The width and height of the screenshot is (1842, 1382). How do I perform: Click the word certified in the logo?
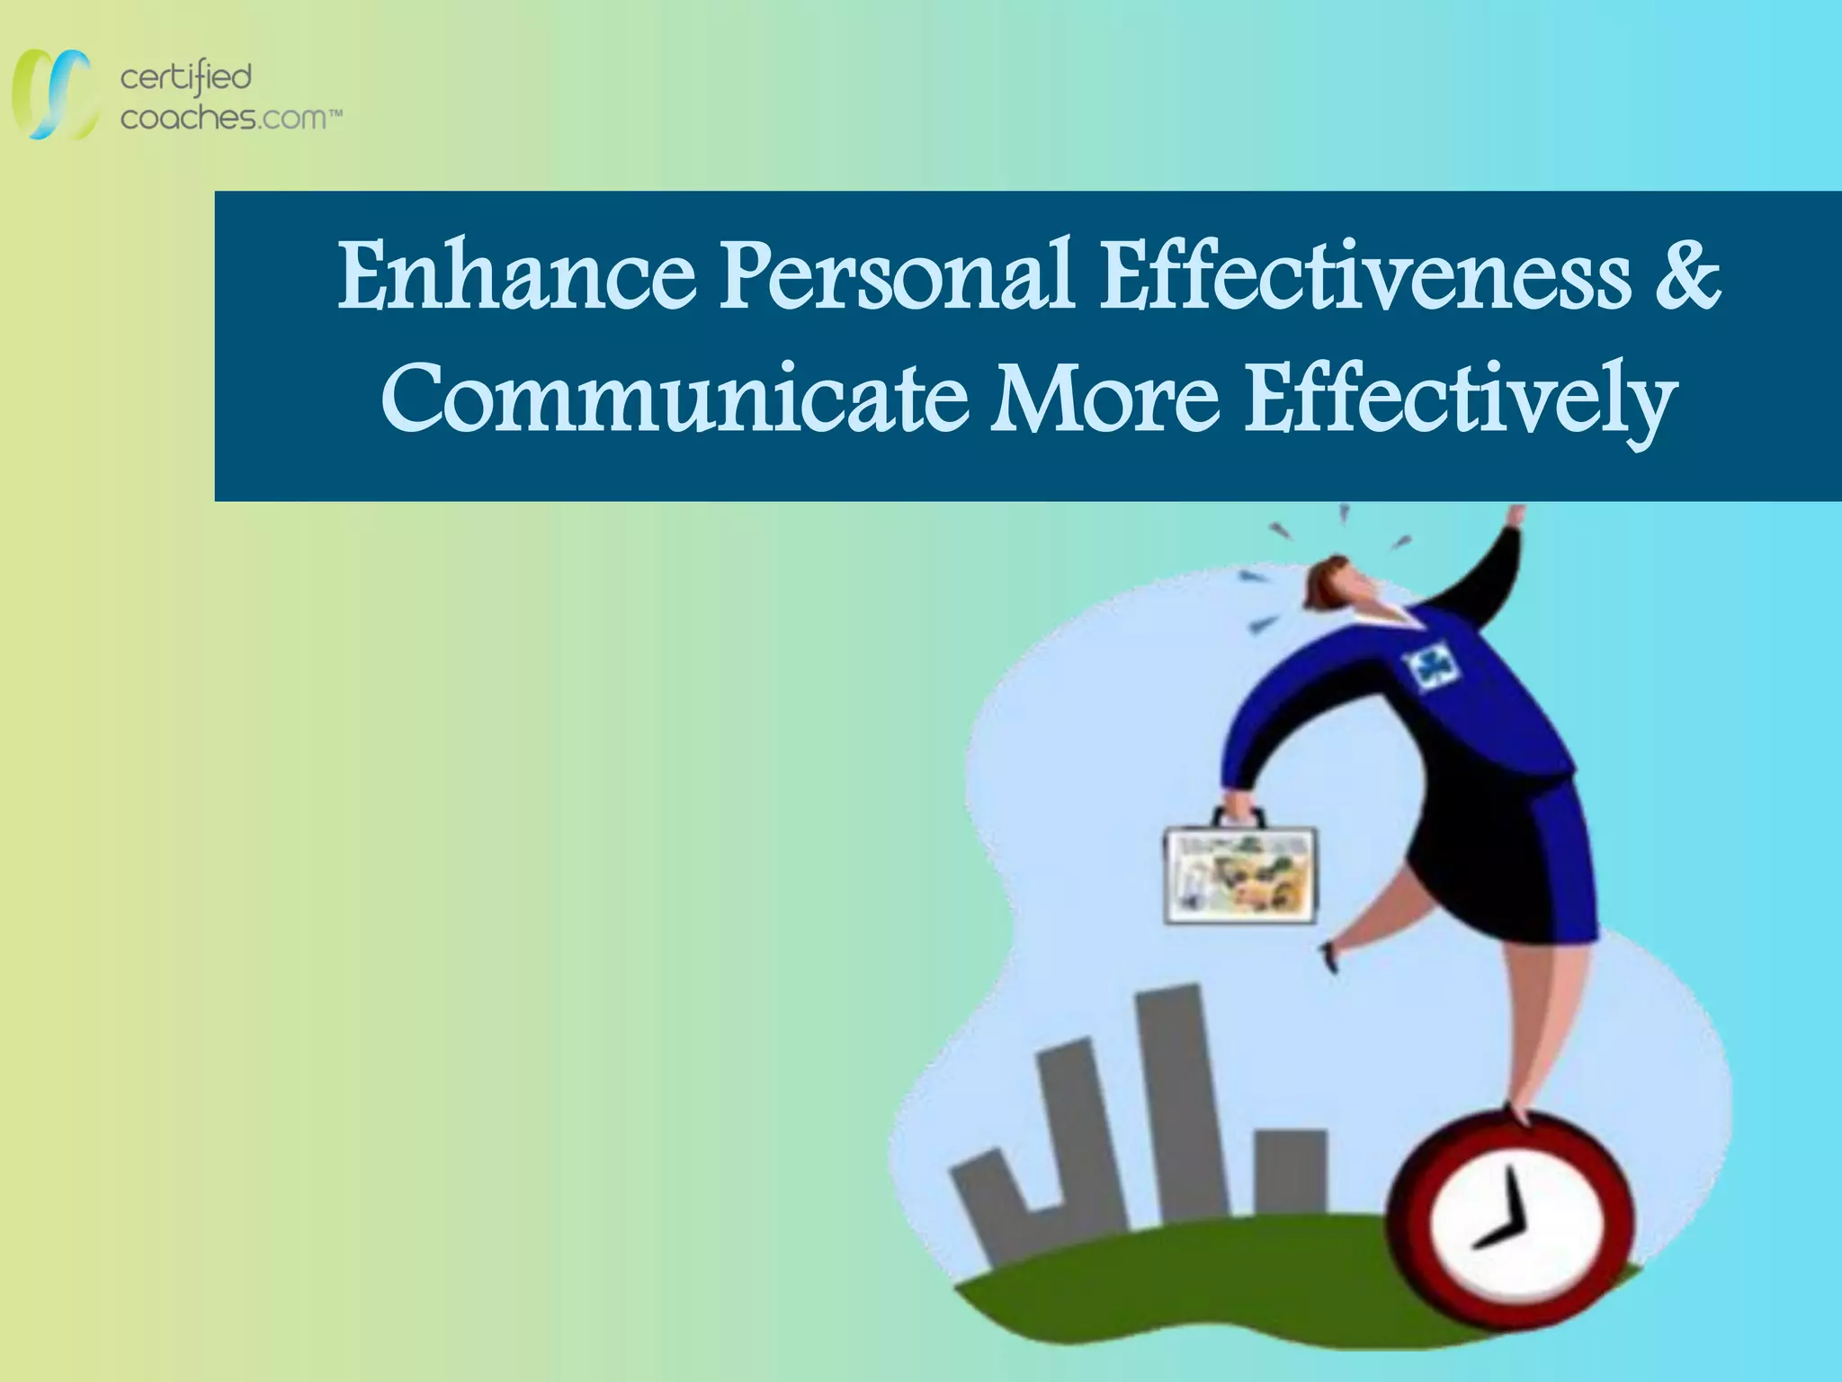[x=185, y=78]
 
